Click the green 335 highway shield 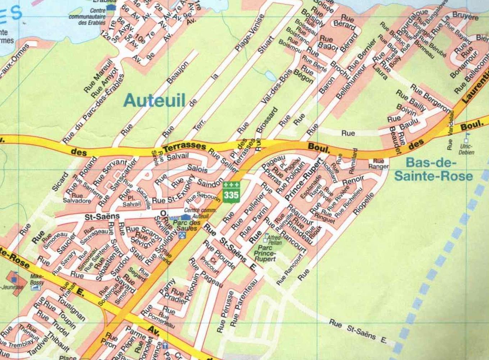coord(231,192)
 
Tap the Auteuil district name coord(154,100)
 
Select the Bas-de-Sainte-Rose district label coord(433,169)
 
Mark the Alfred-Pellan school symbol coord(266,237)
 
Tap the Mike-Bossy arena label coord(37,280)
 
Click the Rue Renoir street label coord(353,181)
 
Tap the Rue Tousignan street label coord(71,309)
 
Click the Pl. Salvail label coord(132,201)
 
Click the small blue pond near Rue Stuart coord(270,75)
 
